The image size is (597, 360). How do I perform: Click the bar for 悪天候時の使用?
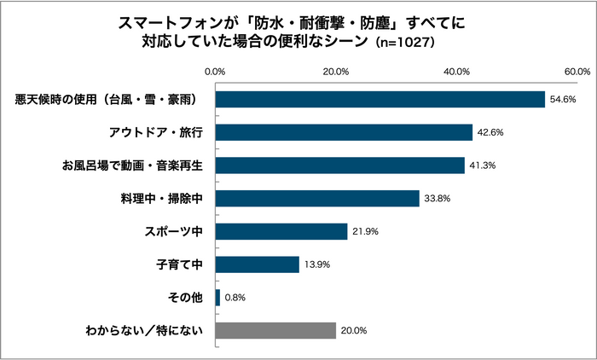click(380, 99)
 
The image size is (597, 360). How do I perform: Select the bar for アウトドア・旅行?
click(344, 132)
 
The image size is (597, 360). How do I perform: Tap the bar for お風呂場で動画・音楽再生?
click(339, 165)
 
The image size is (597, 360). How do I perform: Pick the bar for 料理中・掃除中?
click(317, 198)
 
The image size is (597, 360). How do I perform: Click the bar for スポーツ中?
click(281, 231)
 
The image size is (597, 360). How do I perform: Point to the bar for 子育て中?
click(257, 264)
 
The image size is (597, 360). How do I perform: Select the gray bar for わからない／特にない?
click(275, 330)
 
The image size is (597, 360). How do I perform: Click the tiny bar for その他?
click(217, 298)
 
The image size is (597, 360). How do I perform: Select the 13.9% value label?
click(317, 265)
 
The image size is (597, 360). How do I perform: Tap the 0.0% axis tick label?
click(216, 71)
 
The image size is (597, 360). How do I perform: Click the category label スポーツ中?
click(174, 232)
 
